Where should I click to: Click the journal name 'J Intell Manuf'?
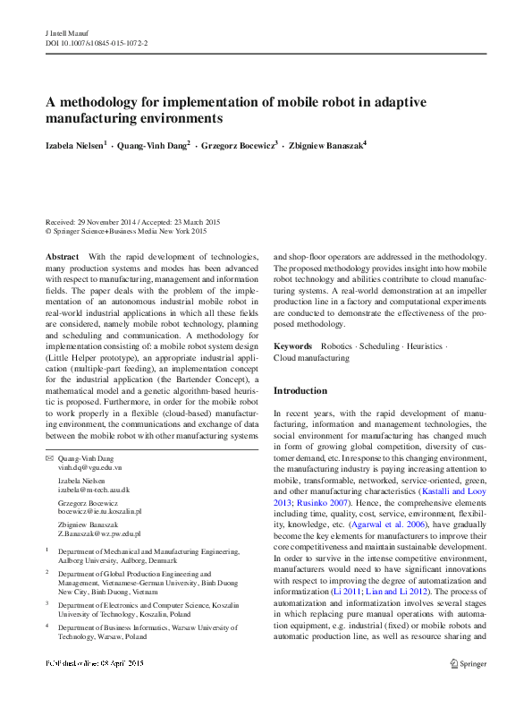(65, 31)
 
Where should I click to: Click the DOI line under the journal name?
(96, 42)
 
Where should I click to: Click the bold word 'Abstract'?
(62, 256)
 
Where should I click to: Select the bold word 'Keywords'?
(292, 345)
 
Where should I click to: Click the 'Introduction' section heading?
(300, 391)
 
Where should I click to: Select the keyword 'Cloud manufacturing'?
(311, 358)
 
